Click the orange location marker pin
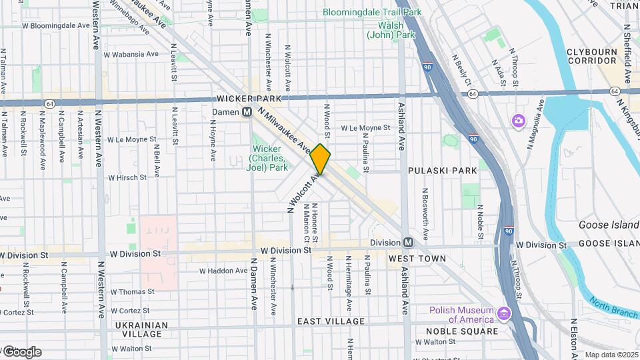coord(321,159)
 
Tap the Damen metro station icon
coord(247,112)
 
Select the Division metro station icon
coord(407,243)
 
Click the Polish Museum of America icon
coord(504,313)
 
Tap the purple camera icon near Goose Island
coord(518,121)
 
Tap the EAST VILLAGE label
coord(331,321)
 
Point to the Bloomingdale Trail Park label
coord(372,12)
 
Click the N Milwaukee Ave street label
coord(285,130)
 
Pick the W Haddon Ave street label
coord(224,271)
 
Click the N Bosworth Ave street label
coord(424,214)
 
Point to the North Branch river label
coord(613,307)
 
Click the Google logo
coord(21,351)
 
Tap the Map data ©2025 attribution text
coord(611,355)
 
